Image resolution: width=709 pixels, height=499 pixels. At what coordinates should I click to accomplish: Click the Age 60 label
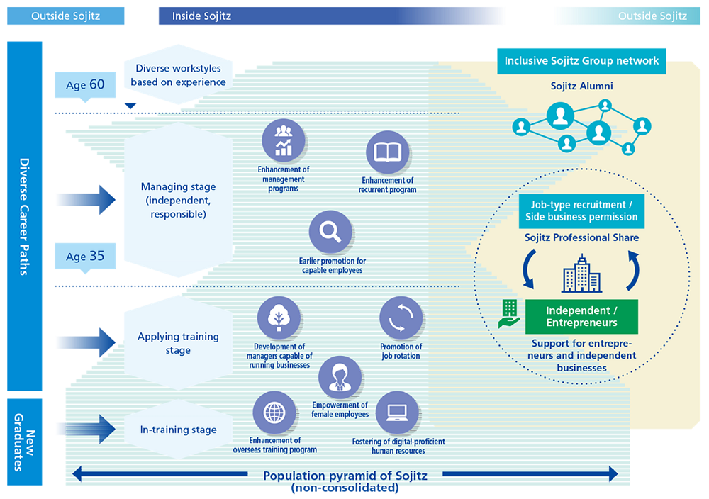84,85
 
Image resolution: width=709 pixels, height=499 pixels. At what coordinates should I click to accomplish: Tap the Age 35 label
84,256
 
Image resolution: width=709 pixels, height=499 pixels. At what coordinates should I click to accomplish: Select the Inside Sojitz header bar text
202,16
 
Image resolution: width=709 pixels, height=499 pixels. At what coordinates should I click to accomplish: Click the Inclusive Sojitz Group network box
581,61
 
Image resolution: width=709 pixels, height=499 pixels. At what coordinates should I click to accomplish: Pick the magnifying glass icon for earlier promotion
330,232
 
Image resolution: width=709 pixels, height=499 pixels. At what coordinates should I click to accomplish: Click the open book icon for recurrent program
388,152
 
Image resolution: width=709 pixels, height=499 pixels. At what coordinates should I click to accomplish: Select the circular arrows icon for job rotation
401,318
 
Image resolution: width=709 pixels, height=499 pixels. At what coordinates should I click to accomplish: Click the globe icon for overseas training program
274,413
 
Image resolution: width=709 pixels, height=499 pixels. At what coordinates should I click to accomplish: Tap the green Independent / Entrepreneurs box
581,316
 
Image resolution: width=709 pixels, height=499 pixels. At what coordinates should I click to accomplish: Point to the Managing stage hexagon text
178,200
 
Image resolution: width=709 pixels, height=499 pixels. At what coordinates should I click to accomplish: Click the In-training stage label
178,429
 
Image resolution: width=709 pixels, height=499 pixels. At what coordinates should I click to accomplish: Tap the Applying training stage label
178,343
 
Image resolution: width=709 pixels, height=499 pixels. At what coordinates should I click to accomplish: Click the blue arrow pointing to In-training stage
89,428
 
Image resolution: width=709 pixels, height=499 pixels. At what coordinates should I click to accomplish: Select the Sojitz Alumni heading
581,86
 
